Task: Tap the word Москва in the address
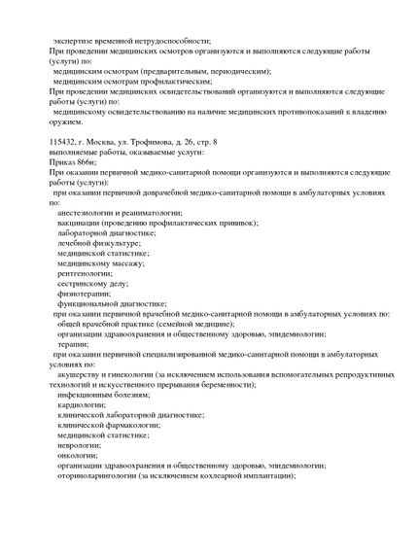104,142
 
